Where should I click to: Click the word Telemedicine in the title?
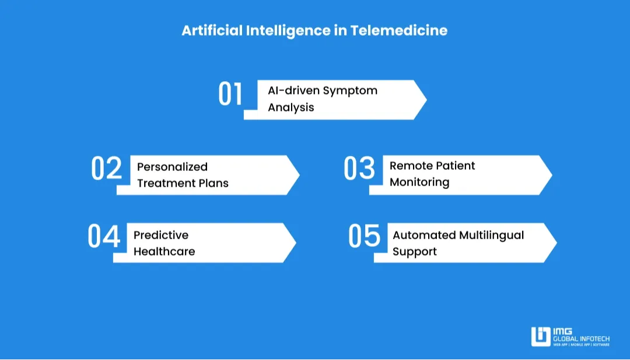pos(398,30)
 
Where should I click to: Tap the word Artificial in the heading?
pos(212,30)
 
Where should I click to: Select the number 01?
pos(230,94)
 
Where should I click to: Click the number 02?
pos(107,168)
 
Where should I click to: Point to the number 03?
pos(359,168)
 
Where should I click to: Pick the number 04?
pos(104,236)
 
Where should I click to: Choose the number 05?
pos(364,236)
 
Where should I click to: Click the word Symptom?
pos(350,91)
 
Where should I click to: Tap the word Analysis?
pos(291,108)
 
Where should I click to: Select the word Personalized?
pos(172,167)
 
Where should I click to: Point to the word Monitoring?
pos(419,183)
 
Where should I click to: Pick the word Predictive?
pos(161,235)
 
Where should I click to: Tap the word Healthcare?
pos(164,251)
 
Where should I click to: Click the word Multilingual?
pos(491,236)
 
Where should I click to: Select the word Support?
pos(415,252)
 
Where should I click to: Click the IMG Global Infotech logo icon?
pos(541,336)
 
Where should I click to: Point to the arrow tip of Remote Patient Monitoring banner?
pos(552,175)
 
